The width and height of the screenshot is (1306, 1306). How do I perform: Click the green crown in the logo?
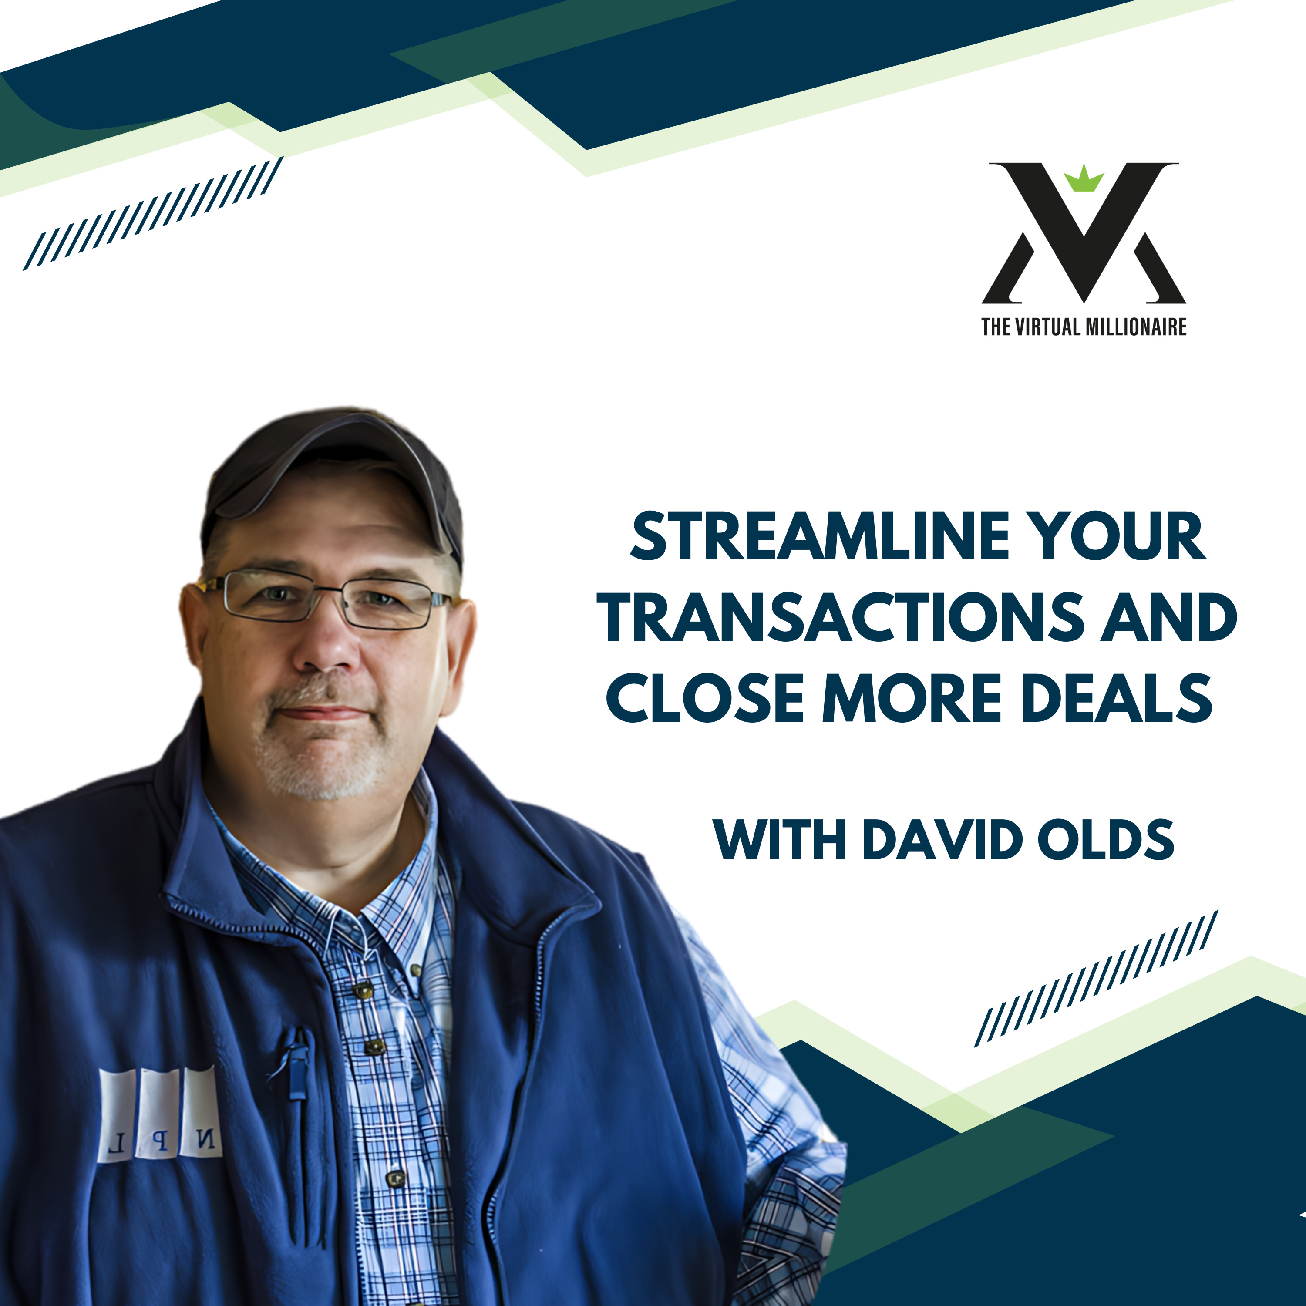pyautogui.click(x=1084, y=178)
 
